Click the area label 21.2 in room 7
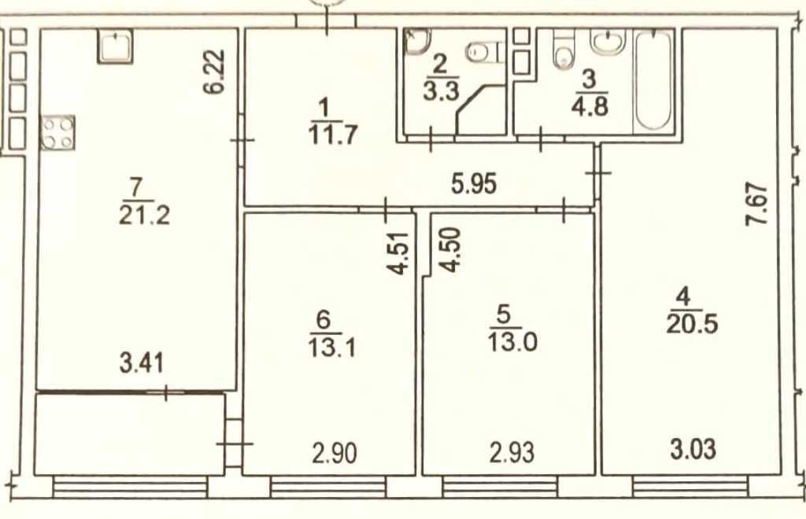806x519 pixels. coord(144,215)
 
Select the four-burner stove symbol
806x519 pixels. coord(57,132)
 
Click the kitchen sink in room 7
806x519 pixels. coord(116,46)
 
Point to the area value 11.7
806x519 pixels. coord(333,133)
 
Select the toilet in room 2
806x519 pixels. coord(483,53)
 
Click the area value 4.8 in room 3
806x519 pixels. coord(590,105)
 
